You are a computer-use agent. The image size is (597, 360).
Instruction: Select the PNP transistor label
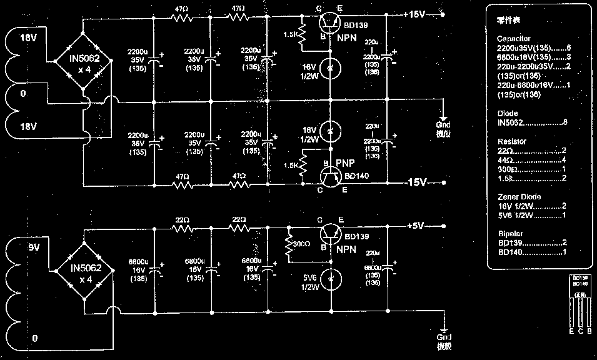tap(346, 163)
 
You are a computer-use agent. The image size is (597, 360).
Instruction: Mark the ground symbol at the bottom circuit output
tap(443, 332)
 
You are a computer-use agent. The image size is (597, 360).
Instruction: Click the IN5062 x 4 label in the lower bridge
tap(84, 273)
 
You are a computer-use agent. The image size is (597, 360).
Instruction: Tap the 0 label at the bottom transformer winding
tap(35, 338)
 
